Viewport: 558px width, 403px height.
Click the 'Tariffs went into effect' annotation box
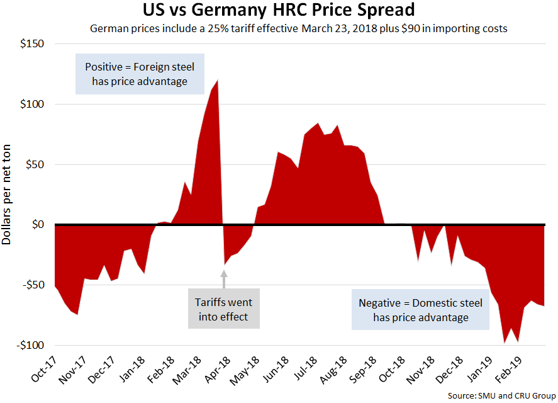(x=223, y=309)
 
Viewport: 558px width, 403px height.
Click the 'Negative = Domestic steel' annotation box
(x=420, y=310)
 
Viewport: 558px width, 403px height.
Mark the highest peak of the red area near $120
(x=217, y=81)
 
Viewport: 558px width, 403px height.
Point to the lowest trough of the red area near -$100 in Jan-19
(x=504, y=342)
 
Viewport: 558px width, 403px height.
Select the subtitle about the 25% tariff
(x=298, y=28)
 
